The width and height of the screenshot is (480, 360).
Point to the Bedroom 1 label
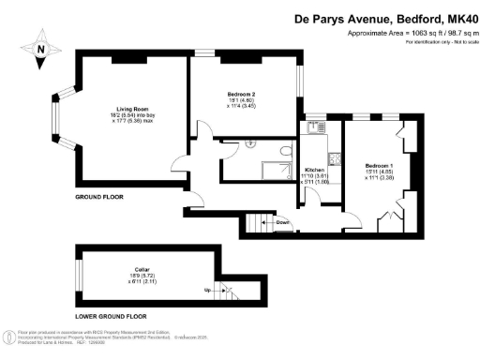click(x=379, y=166)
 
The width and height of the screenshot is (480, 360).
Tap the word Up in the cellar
click(x=207, y=291)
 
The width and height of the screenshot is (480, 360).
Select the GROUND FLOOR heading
click(x=99, y=199)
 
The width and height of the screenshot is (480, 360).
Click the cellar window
click(x=77, y=272)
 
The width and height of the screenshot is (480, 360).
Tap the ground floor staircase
click(x=257, y=223)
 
